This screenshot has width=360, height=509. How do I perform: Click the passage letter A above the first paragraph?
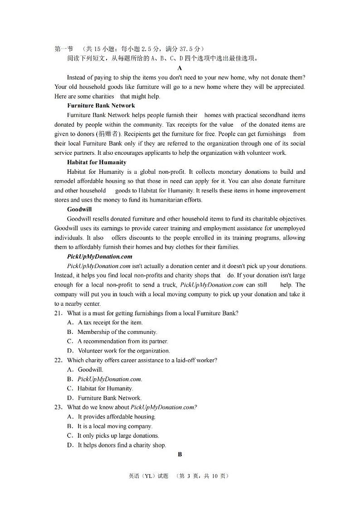(180, 68)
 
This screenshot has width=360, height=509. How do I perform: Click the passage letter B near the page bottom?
(180, 454)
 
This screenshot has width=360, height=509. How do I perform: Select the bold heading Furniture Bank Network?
(101, 106)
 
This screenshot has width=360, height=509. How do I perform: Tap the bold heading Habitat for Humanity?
(97, 162)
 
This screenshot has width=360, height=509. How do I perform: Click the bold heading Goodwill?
(79, 209)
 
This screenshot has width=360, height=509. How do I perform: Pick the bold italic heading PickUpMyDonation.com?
(99, 256)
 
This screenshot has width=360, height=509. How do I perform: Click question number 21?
(58, 313)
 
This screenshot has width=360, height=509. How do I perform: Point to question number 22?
(58, 360)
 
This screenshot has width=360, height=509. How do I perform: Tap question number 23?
(58, 407)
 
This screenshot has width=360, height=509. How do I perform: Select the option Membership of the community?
(117, 332)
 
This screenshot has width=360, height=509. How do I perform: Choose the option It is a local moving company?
(115, 426)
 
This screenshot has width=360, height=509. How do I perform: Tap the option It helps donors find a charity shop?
(122, 445)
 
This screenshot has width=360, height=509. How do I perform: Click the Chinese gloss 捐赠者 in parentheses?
(108, 134)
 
